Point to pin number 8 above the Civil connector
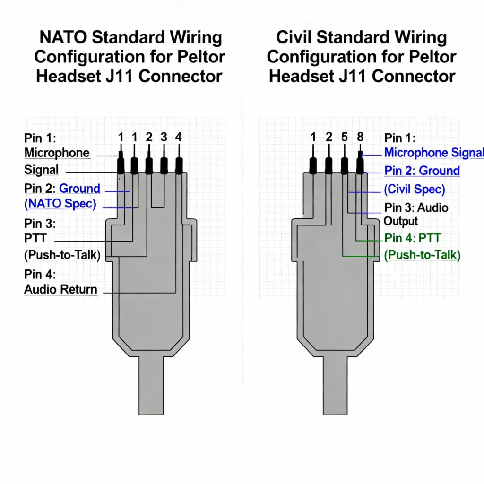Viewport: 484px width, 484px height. tap(360, 137)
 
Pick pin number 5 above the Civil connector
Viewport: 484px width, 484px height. tap(345, 137)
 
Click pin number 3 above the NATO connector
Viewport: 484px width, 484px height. tap(164, 137)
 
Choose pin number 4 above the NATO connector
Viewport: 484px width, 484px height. tap(178, 137)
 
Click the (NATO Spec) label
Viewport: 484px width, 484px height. tap(60, 205)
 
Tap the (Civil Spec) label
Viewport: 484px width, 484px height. tap(414, 189)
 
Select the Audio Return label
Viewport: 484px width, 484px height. tap(60, 289)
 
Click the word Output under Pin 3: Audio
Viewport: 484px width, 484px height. tap(400, 221)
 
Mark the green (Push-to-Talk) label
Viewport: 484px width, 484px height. tap(422, 255)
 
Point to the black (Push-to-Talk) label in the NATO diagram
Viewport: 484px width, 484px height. tap(62, 255)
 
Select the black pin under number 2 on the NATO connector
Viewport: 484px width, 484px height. tap(149, 165)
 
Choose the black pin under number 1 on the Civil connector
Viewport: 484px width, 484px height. tap(313, 165)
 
